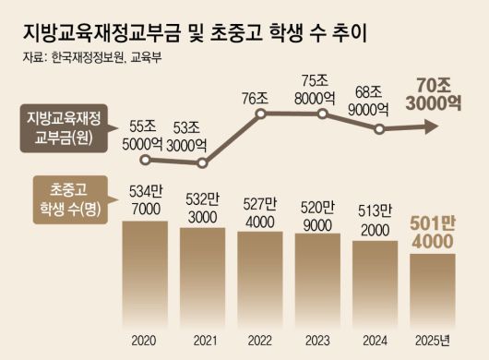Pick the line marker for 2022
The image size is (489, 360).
point(261,114)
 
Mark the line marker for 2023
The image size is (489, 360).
point(321,114)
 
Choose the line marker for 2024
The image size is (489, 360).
point(378,130)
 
